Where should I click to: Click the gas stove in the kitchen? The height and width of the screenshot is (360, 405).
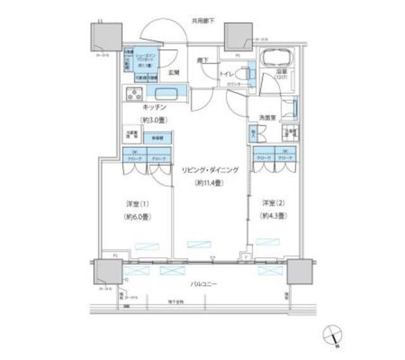coord(135,96)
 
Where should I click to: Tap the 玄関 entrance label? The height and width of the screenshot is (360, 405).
coord(174,72)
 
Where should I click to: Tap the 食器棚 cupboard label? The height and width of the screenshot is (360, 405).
coord(156,137)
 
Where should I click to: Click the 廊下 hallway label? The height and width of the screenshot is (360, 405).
coord(202,60)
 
